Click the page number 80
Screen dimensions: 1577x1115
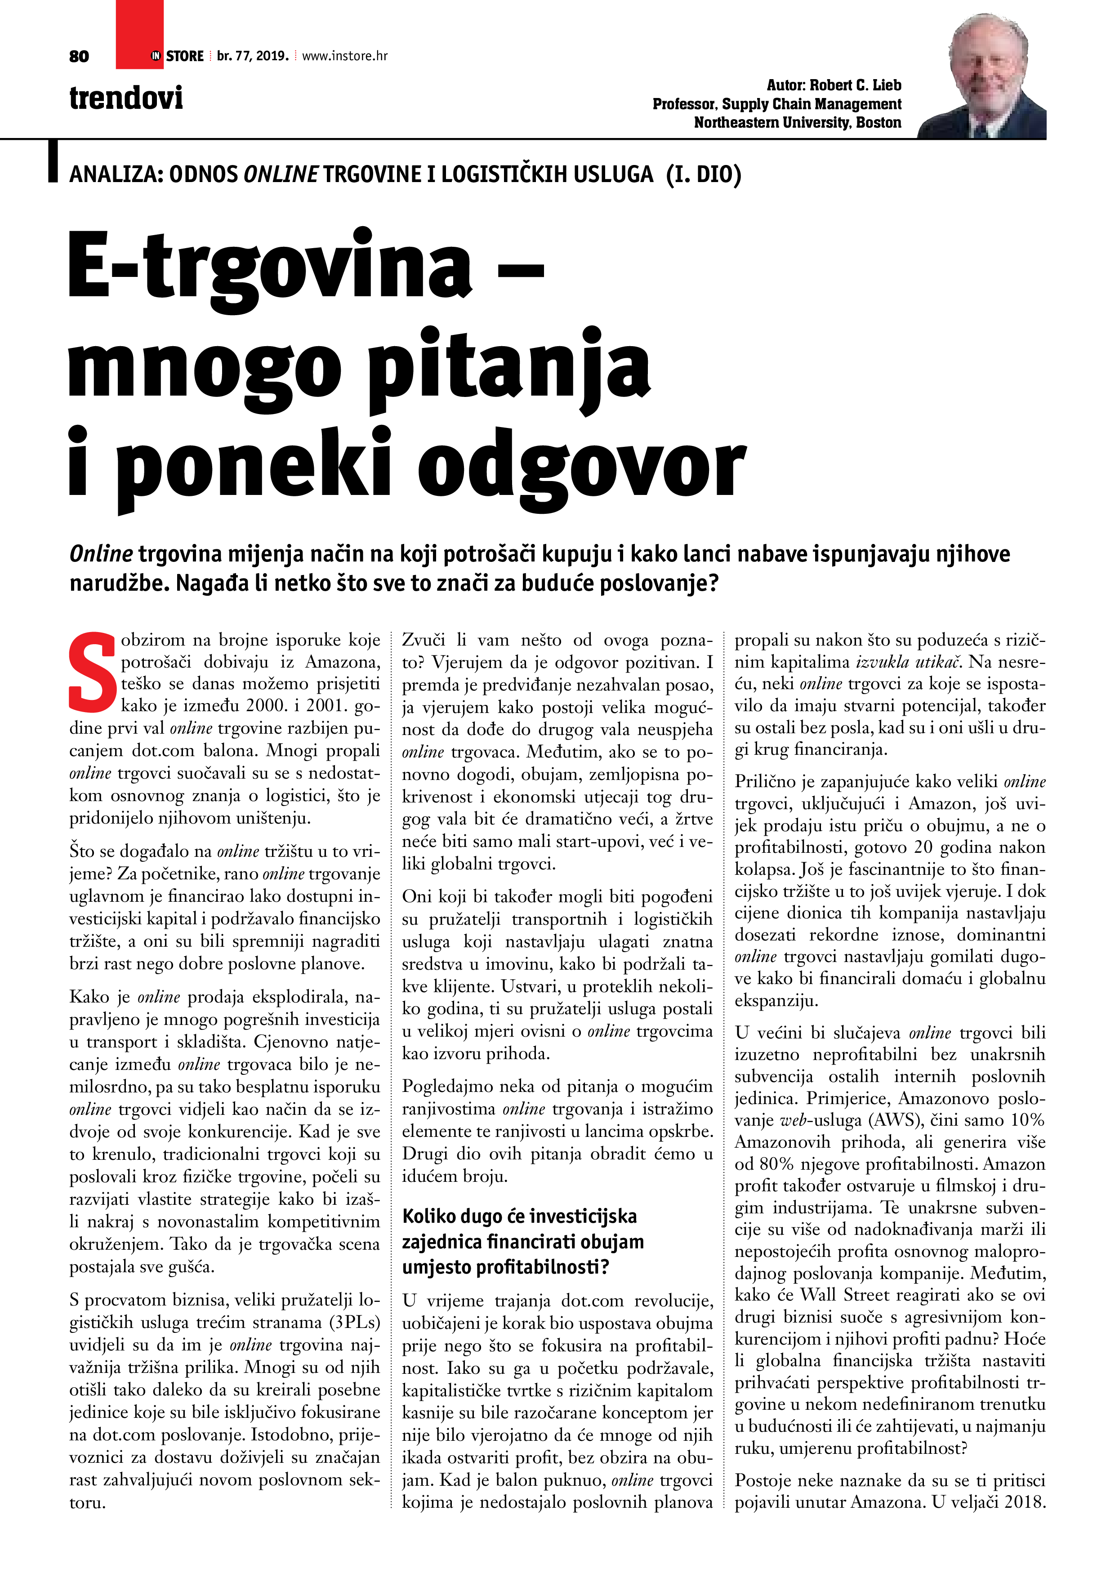[79, 56]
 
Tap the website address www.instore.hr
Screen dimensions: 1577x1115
[344, 56]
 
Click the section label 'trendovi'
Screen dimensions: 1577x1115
[126, 98]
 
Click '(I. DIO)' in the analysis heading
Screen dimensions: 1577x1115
[704, 174]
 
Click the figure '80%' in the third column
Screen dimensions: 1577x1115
[777, 1164]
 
